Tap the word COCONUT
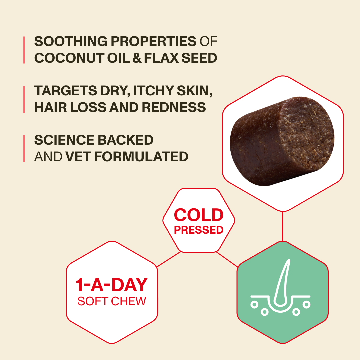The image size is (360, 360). [69, 58]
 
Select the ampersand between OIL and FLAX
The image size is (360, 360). [137, 58]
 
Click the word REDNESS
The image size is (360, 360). [174, 107]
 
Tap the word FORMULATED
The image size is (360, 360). [141, 157]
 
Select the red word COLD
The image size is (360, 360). [199, 215]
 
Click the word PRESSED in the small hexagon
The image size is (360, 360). [199, 230]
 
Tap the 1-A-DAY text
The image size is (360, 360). [112, 285]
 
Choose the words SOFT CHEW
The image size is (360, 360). [112, 301]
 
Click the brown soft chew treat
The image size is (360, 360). [282, 141]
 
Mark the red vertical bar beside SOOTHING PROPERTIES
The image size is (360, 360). [24, 50]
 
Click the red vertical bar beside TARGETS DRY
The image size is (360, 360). [24, 99]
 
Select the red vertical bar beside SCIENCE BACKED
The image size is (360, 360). [24, 149]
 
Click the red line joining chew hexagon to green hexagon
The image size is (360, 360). [282, 226]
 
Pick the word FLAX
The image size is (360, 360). [161, 58]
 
